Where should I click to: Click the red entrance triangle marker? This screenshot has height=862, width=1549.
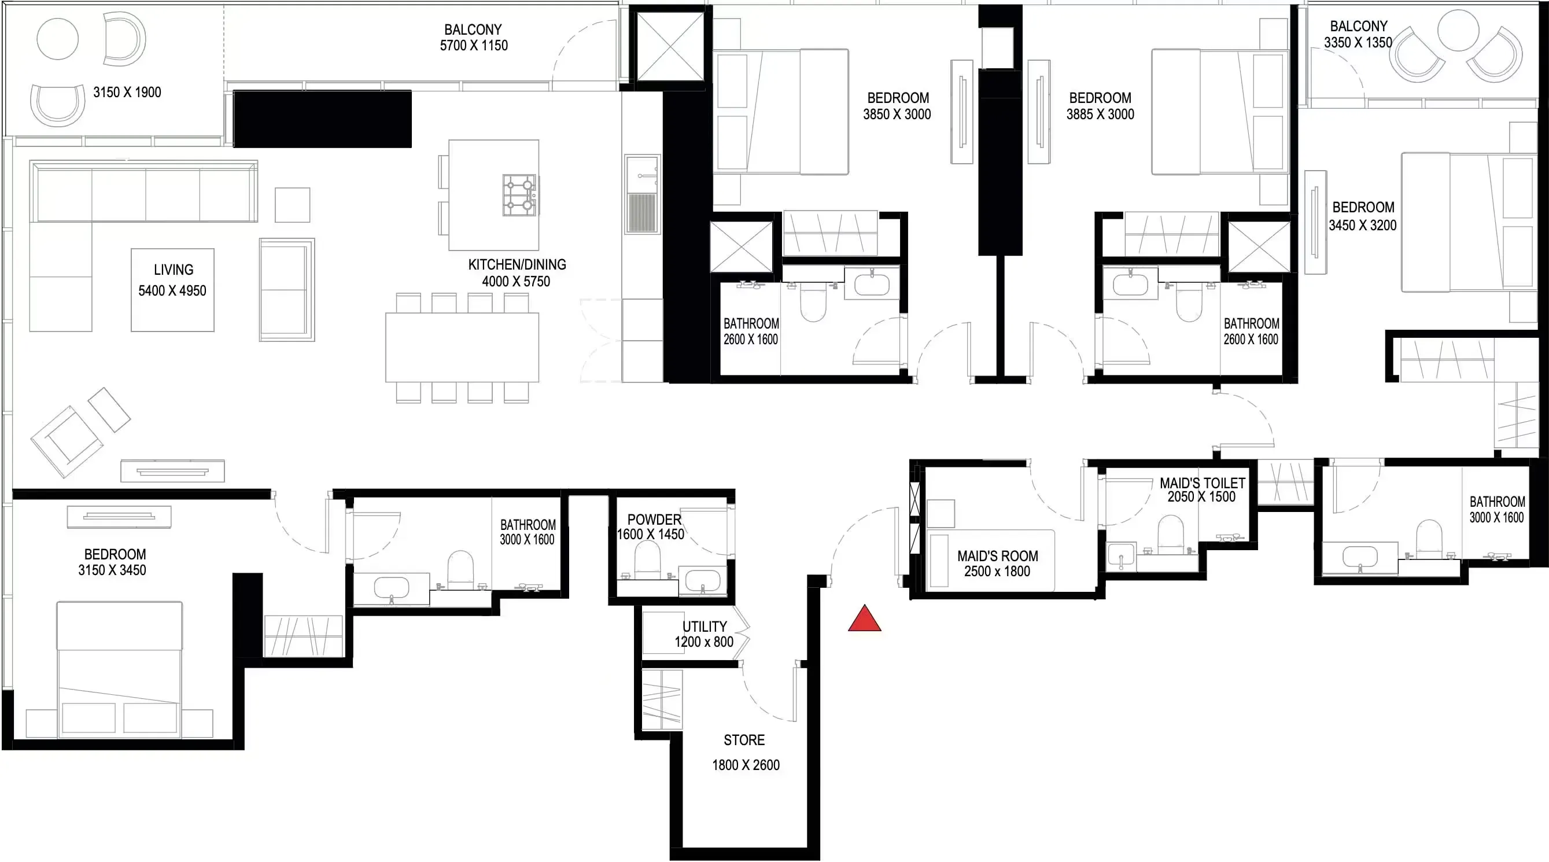point(864,620)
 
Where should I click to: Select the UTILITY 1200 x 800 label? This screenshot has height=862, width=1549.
point(703,634)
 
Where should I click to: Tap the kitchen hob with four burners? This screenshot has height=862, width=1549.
point(519,195)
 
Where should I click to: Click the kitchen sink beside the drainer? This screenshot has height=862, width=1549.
point(642,175)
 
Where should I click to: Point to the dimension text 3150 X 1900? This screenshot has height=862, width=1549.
point(127,92)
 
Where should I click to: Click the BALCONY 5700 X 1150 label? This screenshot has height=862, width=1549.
point(473,37)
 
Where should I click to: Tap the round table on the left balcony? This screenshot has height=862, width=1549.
point(58,39)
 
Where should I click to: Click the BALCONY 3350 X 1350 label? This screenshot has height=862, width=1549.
point(1358,34)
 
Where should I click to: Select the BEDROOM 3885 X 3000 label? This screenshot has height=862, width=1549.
point(1100,106)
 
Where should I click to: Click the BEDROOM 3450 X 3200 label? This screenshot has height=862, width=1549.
point(1362,216)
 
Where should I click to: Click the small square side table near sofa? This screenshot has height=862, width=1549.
point(292,205)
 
